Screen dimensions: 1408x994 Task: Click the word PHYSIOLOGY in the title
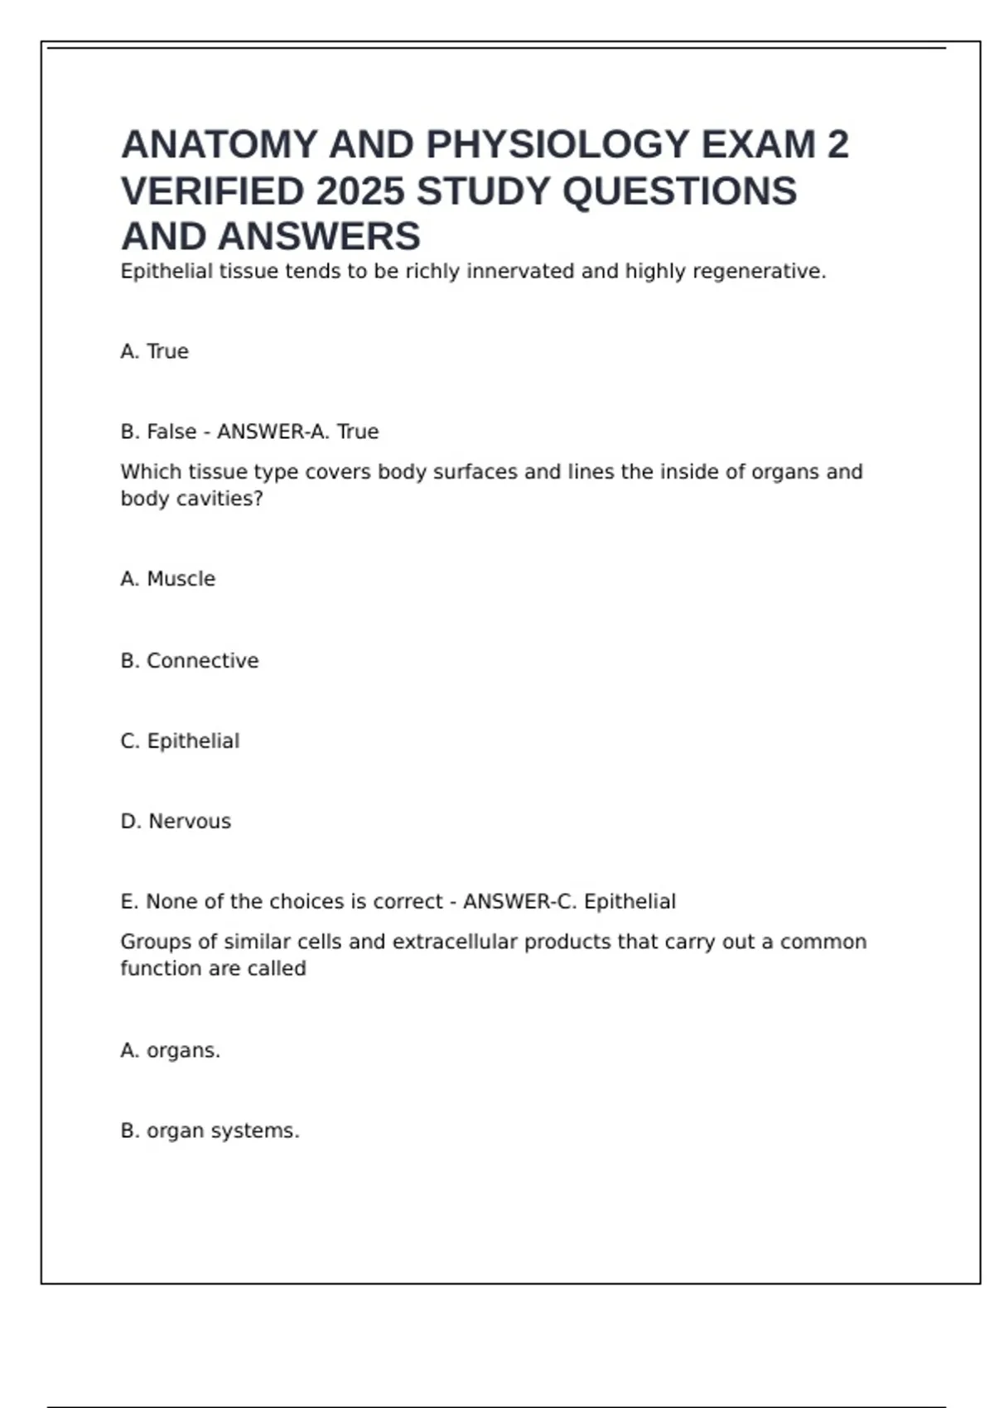point(557,145)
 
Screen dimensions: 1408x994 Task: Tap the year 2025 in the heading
point(359,191)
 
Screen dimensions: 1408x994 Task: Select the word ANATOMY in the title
point(220,145)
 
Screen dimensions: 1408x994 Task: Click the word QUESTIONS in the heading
point(679,191)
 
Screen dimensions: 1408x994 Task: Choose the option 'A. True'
point(155,352)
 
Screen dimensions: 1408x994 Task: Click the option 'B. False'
point(158,432)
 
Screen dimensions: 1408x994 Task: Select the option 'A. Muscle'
point(168,579)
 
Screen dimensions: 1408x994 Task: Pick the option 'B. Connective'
point(190,661)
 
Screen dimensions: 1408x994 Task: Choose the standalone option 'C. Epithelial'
point(180,741)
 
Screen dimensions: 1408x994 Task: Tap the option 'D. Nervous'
point(176,822)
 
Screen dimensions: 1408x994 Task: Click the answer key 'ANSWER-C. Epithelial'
point(569,902)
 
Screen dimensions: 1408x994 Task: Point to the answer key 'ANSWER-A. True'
point(297,432)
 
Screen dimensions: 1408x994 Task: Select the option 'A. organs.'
point(171,1051)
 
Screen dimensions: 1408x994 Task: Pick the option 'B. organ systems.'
point(210,1131)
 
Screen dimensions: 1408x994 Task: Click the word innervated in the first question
point(520,272)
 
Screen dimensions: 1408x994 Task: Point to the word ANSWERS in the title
point(319,238)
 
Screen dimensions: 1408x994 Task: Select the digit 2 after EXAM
point(837,145)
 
